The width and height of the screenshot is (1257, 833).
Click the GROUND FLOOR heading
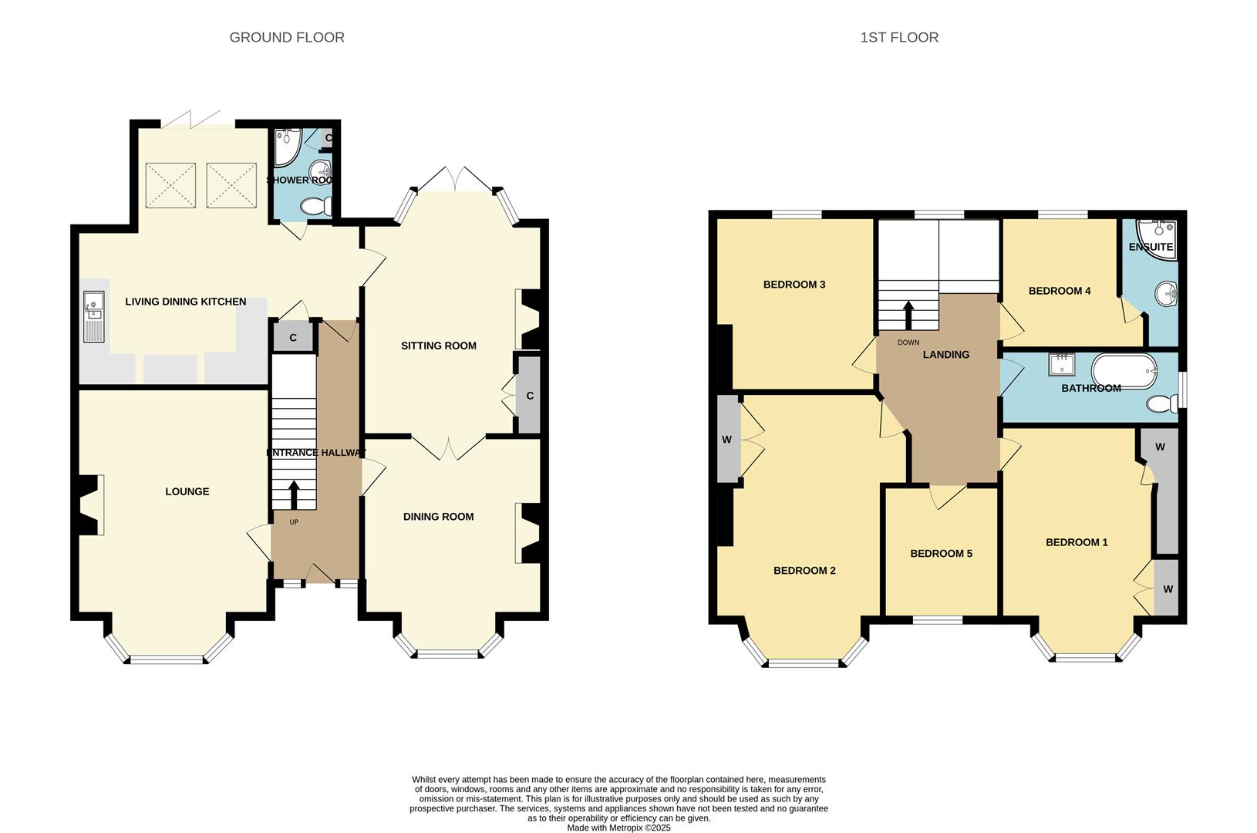287,37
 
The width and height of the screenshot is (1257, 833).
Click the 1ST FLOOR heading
899,37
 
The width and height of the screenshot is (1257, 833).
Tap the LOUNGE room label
187,491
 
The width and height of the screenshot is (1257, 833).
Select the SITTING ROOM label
438,346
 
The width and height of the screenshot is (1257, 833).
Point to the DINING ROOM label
438,517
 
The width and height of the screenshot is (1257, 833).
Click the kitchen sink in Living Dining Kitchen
93,315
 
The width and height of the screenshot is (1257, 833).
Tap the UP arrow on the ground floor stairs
293,494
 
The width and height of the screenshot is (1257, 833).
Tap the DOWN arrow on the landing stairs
908,315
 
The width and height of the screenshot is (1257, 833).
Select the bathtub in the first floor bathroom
1122,369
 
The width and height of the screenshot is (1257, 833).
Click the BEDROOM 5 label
941,554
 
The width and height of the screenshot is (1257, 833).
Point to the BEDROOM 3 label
794,285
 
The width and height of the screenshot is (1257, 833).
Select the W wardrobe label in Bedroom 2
726,440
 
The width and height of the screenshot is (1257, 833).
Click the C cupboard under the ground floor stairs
293,338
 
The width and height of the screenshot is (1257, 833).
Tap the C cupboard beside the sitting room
530,396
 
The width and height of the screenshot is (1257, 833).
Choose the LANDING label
946,355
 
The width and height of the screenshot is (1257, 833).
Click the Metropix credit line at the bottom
618,828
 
